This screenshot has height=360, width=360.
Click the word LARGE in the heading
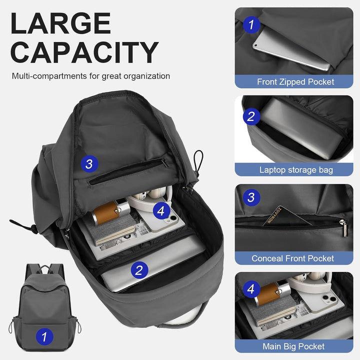pyautogui.click(x=60, y=24)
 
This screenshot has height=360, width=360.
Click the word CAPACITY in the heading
pyautogui.click(x=84, y=52)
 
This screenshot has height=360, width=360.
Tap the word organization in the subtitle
pyautogui.click(x=145, y=76)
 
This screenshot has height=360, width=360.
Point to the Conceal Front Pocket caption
pyautogui.click(x=293, y=258)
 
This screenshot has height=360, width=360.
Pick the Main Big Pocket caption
pyautogui.click(x=293, y=346)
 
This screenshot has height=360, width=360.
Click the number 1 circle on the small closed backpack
pyautogui.click(x=44, y=336)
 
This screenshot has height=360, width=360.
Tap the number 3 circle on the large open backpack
pyautogui.click(x=89, y=163)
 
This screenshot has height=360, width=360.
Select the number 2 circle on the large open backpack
pyautogui.click(x=139, y=270)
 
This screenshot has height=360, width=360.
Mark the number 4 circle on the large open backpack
pyautogui.click(x=160, y=211)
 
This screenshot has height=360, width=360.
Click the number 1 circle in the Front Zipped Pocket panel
pyautogui.click(x=251, y=24)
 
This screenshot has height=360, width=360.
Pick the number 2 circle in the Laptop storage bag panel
pyautogui.click(x=251, y=117)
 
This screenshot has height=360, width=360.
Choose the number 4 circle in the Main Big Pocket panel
pyautogui.click(x=251, y=289)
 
